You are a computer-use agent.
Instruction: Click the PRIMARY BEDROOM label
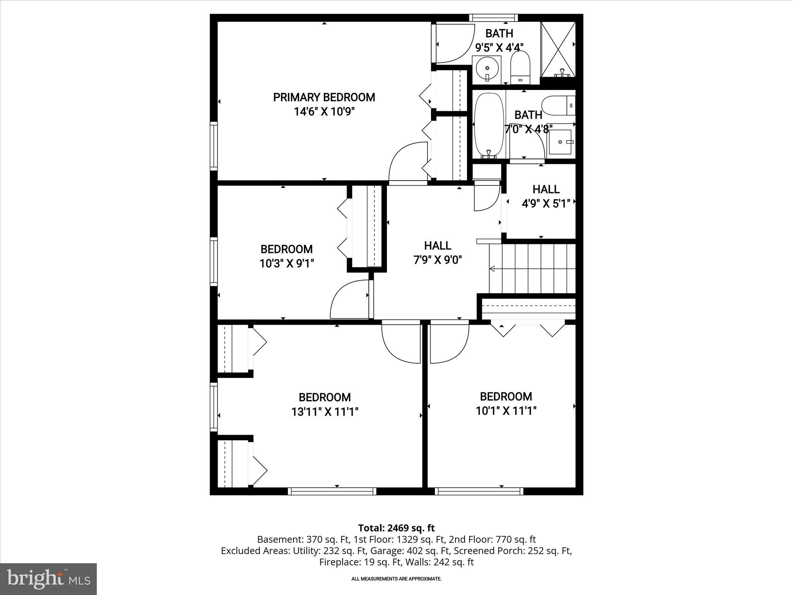[324, 97]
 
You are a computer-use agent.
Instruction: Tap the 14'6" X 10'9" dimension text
[324, 112]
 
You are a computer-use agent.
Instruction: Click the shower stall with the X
[558, 49]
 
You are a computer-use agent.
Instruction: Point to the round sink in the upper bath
[487, 69]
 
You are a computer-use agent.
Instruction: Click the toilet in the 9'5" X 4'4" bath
[520, 68]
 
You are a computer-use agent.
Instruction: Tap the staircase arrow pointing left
[493, 268]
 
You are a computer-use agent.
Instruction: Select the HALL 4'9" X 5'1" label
[546, 196]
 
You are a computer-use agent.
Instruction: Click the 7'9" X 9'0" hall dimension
[438, 260]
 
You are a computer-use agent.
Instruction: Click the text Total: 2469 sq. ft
[396, 528]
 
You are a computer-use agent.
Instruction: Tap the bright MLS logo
[48, 579]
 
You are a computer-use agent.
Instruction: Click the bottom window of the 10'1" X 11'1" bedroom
[479, 491]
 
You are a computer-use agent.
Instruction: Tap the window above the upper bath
[493, 17]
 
